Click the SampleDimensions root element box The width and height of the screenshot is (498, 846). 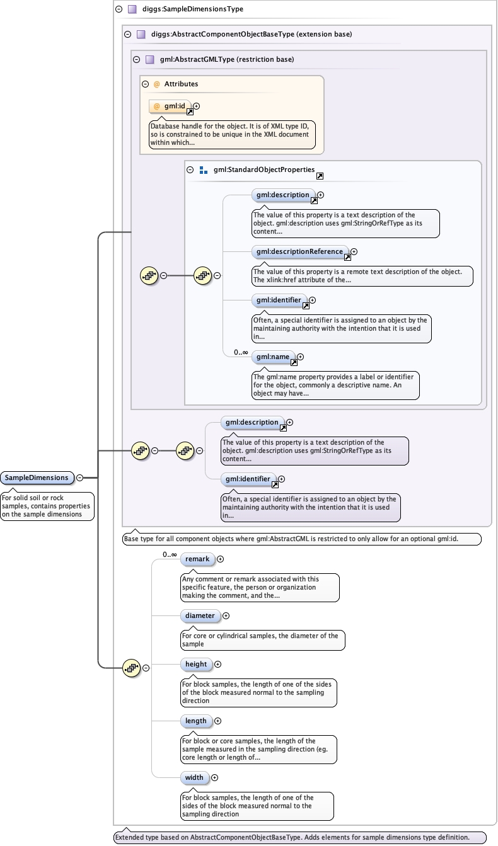point(37,477)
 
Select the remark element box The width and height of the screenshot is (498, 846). point(197,559)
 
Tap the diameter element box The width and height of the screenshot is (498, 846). point(200,615)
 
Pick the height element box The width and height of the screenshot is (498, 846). point(196,664)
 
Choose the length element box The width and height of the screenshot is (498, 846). point(196,721)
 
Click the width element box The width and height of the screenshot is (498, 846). point(194,777)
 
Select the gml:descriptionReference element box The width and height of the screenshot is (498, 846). point(299,251)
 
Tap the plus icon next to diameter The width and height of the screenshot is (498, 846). point(226,616)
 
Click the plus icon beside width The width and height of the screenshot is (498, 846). point(214,778)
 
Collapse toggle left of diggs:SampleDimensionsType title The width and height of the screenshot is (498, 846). point(119,9)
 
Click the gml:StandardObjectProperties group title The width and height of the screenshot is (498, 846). point(263,170)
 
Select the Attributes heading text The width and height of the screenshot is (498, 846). point(181,84)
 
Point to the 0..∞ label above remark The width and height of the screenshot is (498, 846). point(170,554)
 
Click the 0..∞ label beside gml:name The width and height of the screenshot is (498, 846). point(241,352)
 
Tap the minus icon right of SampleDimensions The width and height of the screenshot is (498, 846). point(79,478)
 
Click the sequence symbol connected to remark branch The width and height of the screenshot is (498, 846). point(131,668)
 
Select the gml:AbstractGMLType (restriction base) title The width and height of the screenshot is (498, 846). point(227,60)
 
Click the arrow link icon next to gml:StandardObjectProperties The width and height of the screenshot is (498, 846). point(320,176)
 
